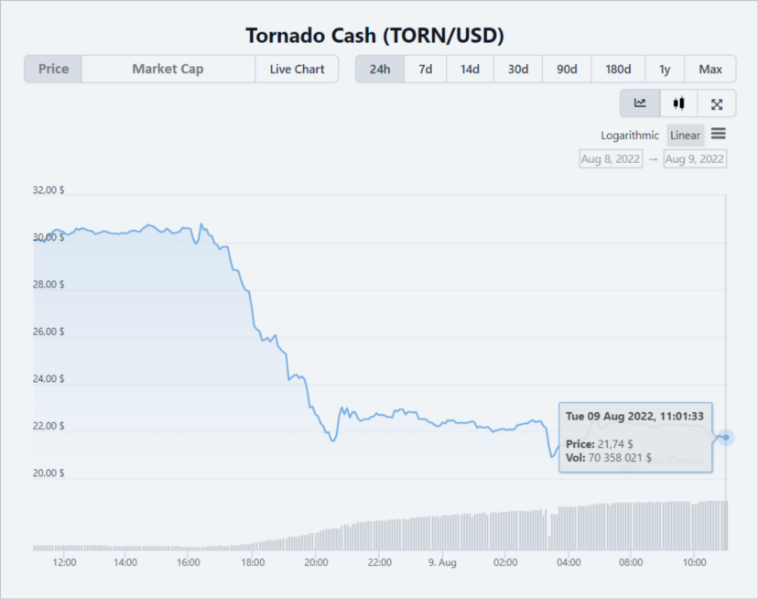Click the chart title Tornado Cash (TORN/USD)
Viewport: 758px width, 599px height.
click(375, 36)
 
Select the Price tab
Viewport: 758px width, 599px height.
click(53, 70)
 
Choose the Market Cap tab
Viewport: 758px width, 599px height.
click(168, 70)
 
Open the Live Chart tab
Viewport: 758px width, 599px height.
click(297, 70)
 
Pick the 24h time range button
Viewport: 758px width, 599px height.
click(379, 70)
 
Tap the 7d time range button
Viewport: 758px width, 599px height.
click(425, 70)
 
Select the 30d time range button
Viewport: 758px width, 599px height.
click(518, 70)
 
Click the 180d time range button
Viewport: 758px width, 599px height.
click(618, 70)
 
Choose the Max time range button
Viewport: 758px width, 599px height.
click(710, 70)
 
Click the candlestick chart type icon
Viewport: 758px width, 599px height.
click(678, 103)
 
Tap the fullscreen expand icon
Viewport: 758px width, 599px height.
click(717, 103)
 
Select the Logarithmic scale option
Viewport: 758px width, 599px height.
click(630, 136)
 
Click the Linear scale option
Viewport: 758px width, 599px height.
click(685, 136)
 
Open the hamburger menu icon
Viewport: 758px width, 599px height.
click(719, 134)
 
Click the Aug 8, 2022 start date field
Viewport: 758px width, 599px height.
click(611, 158)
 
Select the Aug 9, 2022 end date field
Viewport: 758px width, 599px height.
click(695, 158)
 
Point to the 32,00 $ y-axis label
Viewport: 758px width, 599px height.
click(49, 191)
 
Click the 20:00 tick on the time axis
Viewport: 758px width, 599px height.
click(316, 561)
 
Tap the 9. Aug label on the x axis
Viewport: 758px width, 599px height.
click(441, 561)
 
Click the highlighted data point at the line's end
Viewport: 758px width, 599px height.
click(726, 437)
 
